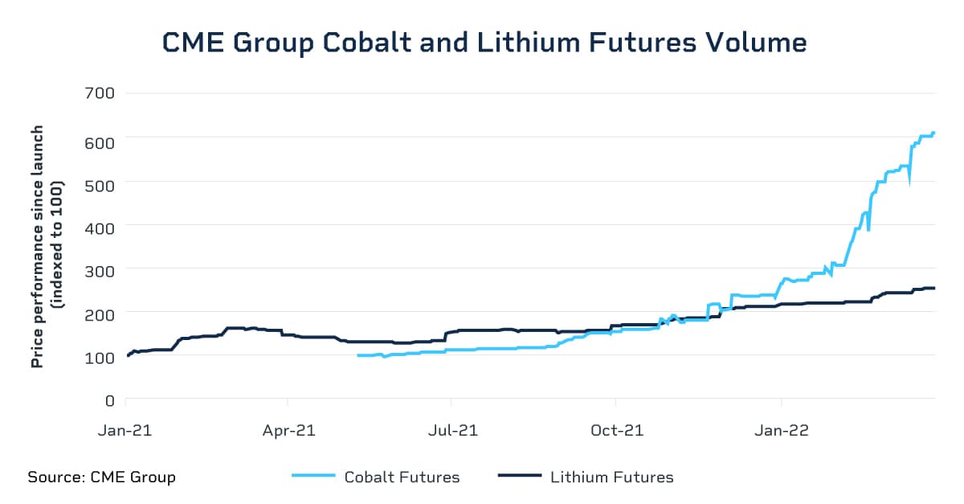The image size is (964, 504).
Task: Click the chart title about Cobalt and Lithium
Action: tap(484, 43)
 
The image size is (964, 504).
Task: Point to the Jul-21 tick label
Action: tap(451, 430)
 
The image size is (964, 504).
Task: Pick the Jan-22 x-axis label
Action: tap(782, 430)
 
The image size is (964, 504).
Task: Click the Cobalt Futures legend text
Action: tap(402, 477)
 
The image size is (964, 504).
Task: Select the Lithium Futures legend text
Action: tap(611, 477)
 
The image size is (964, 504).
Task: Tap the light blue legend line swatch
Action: tap(312, 477)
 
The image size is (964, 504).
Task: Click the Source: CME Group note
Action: tap(101, 477)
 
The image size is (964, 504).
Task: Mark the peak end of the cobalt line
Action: tap(933, 133)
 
